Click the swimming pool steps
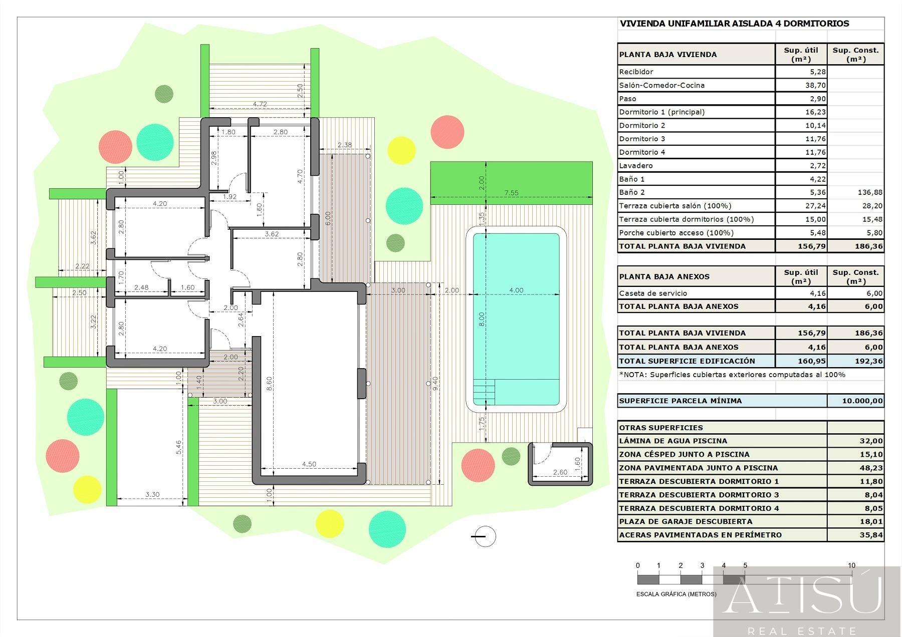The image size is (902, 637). (x=485, y=392)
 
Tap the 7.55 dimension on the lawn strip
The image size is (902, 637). (x=511, y=193)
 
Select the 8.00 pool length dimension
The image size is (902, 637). (x=482, y=319)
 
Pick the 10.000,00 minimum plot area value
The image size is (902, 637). (x=862, y=401)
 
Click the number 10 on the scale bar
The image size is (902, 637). (x=851, y=565)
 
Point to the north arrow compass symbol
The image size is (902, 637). (x=484, y=536)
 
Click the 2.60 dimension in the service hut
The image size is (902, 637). (x=560, y=472)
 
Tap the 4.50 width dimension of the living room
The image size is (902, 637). (x=309, y=464)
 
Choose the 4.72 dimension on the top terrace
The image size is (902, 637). (x=260, y=104)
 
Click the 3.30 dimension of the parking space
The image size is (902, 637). (x=152, y=494)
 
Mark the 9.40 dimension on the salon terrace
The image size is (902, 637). (x=435, y=384)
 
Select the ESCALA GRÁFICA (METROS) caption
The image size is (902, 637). (x=676, y=594)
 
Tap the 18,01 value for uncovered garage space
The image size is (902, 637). (x=871, y=521)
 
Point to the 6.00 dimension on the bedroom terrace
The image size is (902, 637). (x=327, y=218)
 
